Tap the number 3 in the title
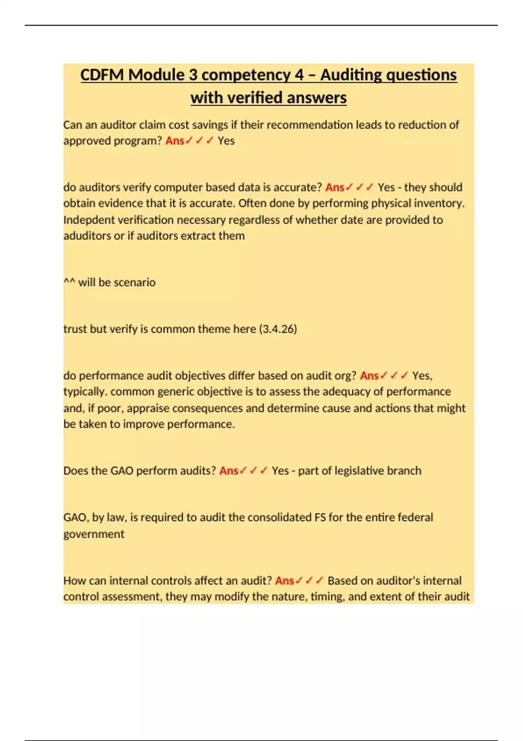point(193,75)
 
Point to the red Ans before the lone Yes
point(175,141)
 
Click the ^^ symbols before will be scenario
point(69,282)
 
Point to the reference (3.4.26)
point(278,329)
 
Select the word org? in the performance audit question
point(345,376)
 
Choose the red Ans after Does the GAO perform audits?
point(228,471)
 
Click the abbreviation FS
point(320,517)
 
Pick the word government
point(94,534)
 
